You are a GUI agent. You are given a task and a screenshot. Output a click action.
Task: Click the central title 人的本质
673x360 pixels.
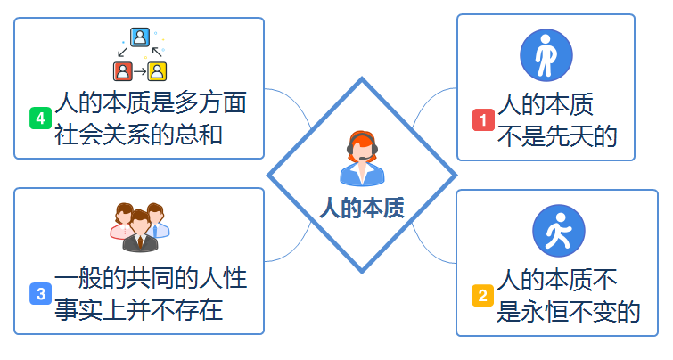pyautogui.click(x=362, y=209)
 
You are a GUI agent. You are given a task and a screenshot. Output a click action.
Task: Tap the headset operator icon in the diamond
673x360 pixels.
pyautogui.click(x=362, y=159)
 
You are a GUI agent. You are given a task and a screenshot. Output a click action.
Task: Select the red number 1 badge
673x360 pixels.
pyautogui.click(x=482, y=119)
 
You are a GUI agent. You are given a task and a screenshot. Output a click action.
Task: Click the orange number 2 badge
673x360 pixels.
pyautogui.click(x=481, y=295)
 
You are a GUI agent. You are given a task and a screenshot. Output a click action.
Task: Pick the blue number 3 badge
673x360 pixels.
pyautogui.click(x=40, y=293)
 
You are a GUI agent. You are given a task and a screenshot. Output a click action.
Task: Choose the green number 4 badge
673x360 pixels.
pyautogui.click(x=40, y=118)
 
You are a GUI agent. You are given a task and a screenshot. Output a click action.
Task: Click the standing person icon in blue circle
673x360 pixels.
pyautogui.click(x=546, y=56)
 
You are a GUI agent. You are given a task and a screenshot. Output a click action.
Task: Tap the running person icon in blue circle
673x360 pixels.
pyautogui.click(x=558, y=232)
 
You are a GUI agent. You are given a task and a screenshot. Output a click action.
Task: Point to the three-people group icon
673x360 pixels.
pyautogui.click(x=139, y=228)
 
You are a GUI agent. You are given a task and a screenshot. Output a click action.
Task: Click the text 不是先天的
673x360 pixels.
pyautogui.click(x=558, y=135)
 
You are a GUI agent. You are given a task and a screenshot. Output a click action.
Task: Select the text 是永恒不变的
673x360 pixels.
pyautogui.click(x=569, y=311)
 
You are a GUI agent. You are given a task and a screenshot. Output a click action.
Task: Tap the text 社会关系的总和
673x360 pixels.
pyautogui.click(x=138, y=135)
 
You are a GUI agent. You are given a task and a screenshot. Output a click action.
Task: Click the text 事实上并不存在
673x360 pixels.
pyautogui.click(x=138, y=310)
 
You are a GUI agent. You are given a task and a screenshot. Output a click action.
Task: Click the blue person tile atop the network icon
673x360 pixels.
pyautogui.click(x=140, y=37)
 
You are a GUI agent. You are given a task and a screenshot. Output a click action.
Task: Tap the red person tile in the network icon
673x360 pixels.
pyautogui.click(x=122, y=70)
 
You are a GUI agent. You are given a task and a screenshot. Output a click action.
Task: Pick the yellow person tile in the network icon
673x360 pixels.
pyautogui.click(x=157, y=70)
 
